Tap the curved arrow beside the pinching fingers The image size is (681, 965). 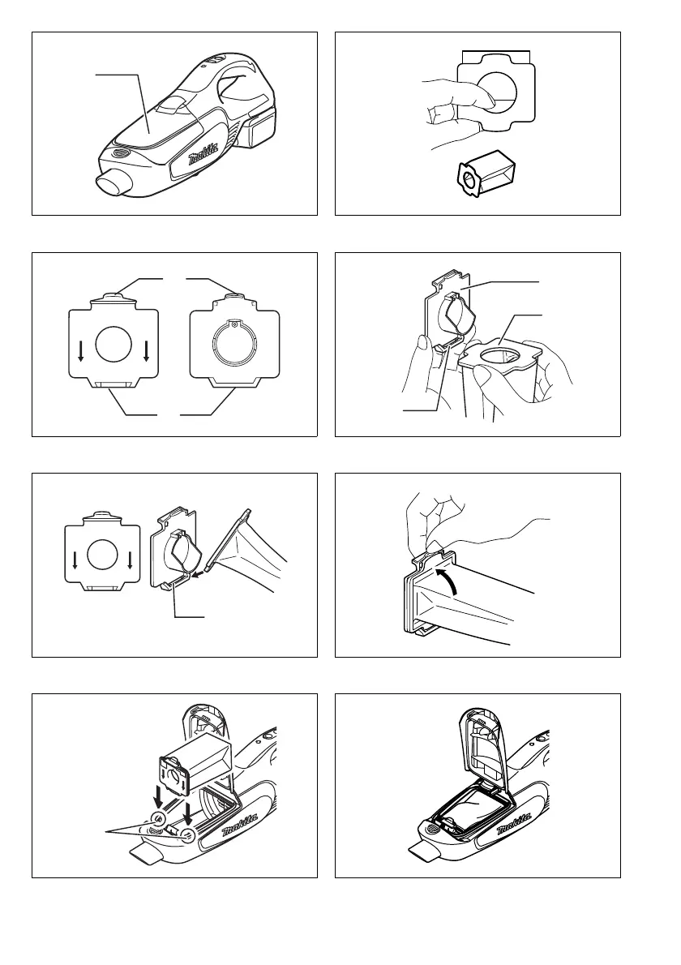[x=448, y=581]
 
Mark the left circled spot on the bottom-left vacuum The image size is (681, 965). [x=158, y=818]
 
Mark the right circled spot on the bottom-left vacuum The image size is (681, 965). [x=187, y=835]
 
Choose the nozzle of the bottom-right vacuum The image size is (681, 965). [x=425, y=853]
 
